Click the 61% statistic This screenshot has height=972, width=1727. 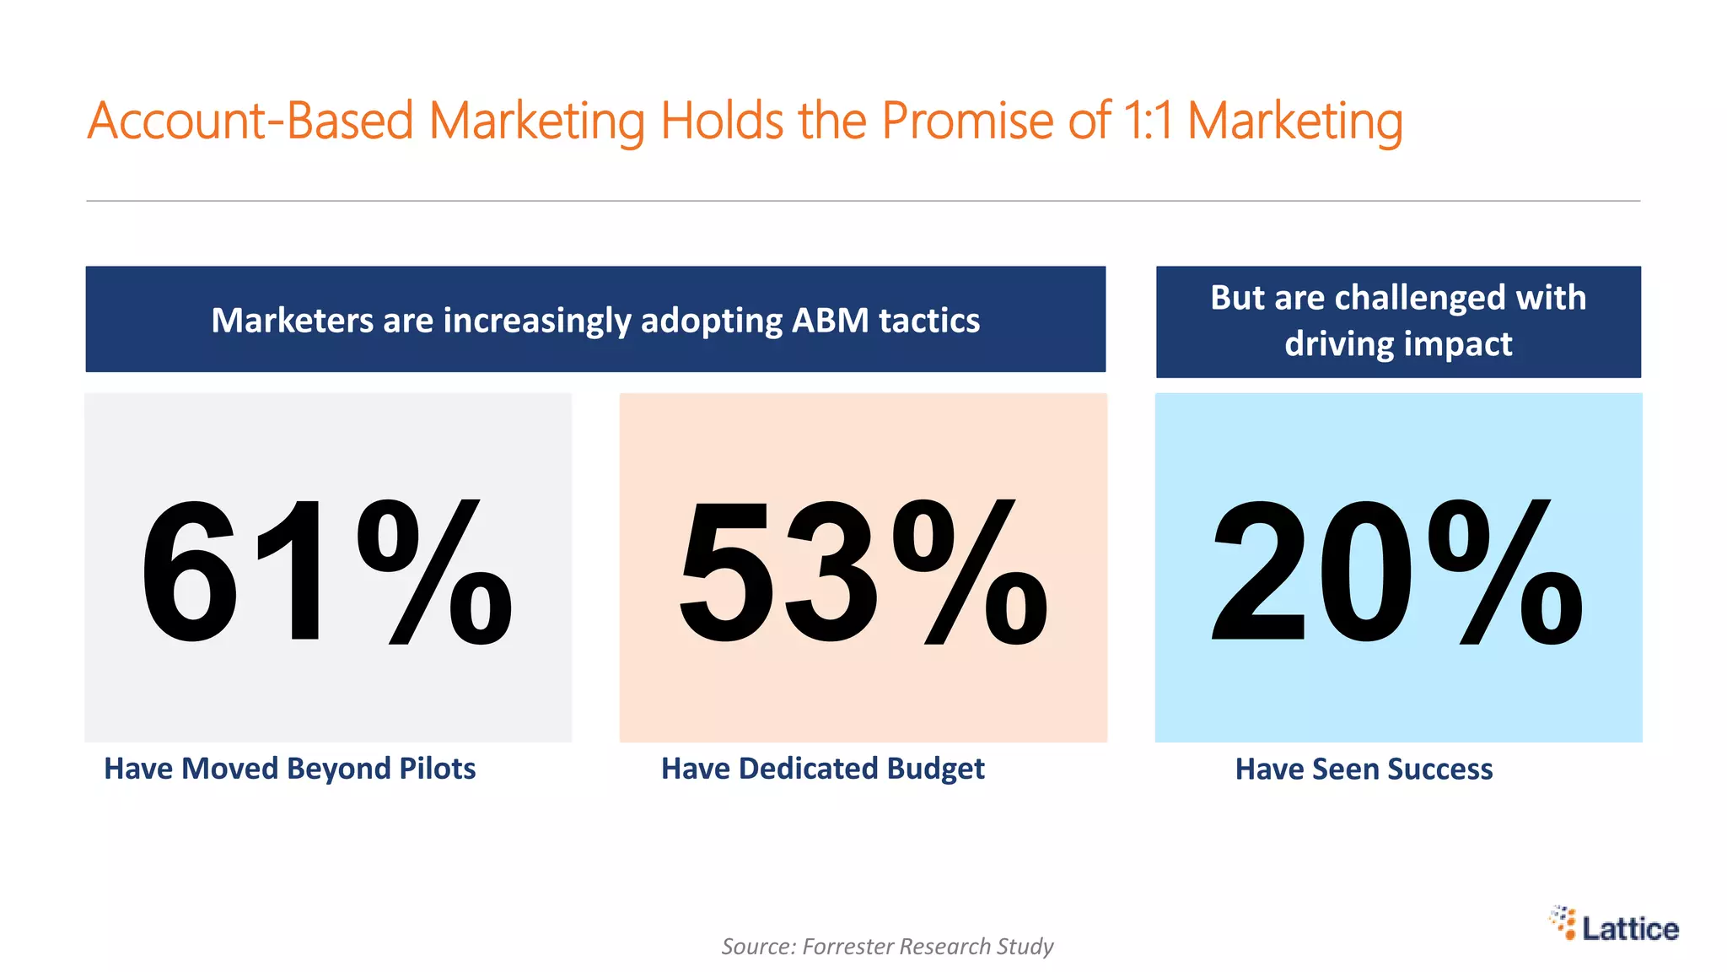pyautogui.click(x=325, y=572)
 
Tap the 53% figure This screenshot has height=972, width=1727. pyautogui.click(x=863, y=572)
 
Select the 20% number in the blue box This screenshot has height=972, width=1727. pyautogui.click(x=1396, y=572)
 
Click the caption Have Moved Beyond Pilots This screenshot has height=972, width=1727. pyautogui.click(x=289, y=769)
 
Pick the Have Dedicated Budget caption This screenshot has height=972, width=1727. pyautogui.click(x=822, y=769)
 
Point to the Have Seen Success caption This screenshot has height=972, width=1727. pyautogui.click(x=1364, y=769)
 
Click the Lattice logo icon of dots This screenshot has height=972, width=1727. pyautogui.click(x=1563, y=922)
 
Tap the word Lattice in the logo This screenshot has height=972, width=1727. pyautogui.click(x=1630, y=929)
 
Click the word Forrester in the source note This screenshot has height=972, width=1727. pyautogui.click(x=847, y=947)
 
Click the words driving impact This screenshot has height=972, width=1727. pyautogui.click(x=1398, y=344)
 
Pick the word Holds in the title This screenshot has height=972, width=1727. pyautogui.click(x=722, y=121)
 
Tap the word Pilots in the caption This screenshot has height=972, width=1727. pyautogui.click(x=437, y=769)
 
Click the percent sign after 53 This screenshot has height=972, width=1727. pyautogui.click(x=970, y=572)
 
